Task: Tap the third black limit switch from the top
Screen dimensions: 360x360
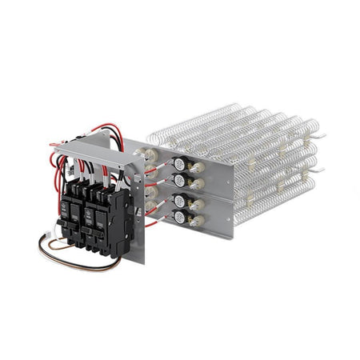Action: (x=179, y=201)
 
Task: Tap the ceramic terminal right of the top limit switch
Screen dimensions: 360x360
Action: (x=197, y=163)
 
